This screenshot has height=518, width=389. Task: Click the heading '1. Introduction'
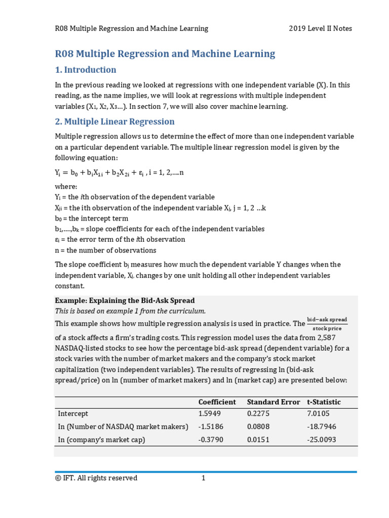(85, 70)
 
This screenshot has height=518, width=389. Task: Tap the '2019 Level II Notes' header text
(320, 28)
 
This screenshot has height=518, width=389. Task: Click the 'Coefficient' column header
(217, 402)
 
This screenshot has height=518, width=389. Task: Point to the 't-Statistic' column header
(324, 402)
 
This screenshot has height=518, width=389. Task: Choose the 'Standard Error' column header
(274, 402)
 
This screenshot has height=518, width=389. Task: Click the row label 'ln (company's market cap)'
(102, 440)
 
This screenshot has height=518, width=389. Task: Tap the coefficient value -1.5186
(211, 427)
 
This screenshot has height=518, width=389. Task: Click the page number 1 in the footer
(203, 478)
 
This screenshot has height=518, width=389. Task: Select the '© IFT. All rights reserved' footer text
(96, 478)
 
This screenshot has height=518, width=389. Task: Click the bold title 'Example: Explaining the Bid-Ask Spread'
(125, 300)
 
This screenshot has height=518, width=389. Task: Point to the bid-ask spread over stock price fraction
(327, 323)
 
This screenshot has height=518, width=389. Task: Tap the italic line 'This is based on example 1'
(130, 311)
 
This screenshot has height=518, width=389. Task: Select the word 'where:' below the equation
(66, 186)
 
